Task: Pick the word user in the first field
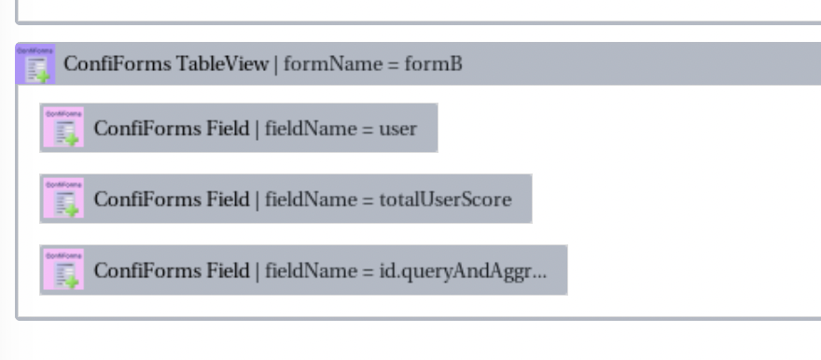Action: click(398, 128)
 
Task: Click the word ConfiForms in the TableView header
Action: click(118, 65)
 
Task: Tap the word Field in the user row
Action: click(228, 128)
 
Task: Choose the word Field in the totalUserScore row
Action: click(228, 199)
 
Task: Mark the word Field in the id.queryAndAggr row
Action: click(228, 270)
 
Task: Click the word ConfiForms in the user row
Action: click(147, 128)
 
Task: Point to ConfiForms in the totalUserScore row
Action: click(147, 199)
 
